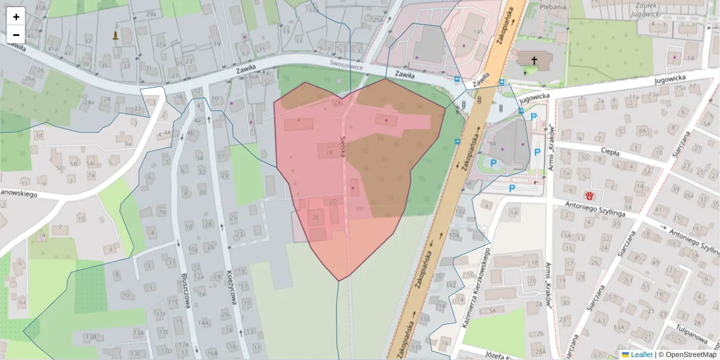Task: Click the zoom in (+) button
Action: (16, 16)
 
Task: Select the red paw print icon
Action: (590, 195)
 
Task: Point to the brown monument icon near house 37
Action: (115, 35)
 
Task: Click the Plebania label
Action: (553, 7)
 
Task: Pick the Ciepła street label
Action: (610, 152)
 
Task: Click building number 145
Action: (478, 31)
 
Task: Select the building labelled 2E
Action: (316, 218)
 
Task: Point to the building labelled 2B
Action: (329, 152)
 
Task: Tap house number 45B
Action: (40, 7)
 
